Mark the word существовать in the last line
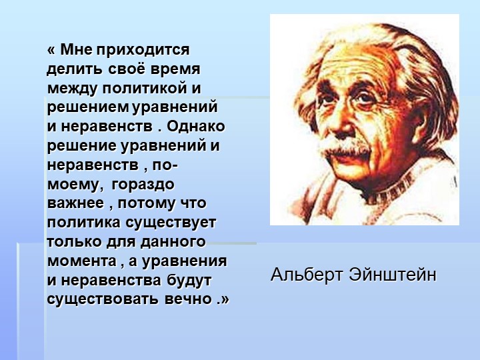coord(102,299)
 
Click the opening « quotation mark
coord(51,51)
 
